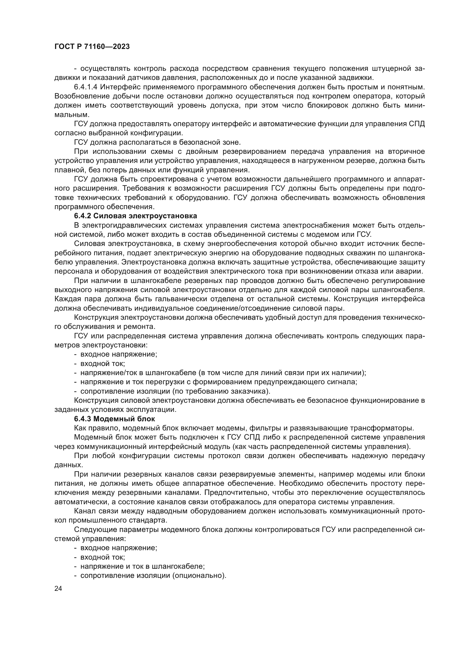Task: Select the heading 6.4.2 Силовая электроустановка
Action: tap(135, 216)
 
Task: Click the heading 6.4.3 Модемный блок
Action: tap(115, 419)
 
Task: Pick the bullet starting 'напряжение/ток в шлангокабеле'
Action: tap(223, 373)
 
